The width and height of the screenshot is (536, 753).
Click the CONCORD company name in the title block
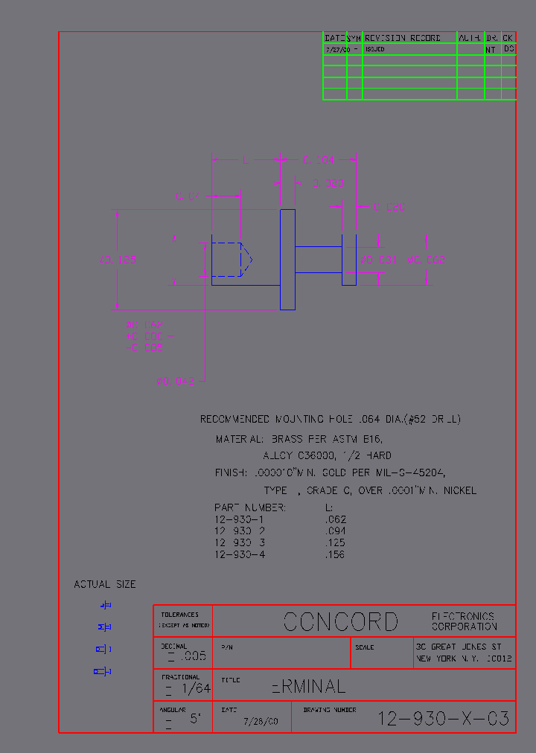[x=341, y=621]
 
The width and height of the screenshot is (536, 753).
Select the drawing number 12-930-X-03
[x=444, y=719]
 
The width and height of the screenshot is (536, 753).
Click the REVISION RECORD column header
[x=403, y=37]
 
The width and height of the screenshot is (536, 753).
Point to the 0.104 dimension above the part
[x=318, y=160]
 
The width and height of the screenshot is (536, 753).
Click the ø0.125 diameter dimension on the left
[x=118, y=260]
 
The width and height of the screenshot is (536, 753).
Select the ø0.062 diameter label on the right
[x=427, y=260]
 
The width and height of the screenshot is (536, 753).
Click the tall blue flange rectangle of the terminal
[x=287, y=259]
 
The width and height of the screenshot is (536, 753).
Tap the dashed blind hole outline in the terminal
[x=231, y=259]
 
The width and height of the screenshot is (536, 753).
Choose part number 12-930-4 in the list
[x=240, y=554]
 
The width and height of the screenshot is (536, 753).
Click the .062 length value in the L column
[x=336, y=519]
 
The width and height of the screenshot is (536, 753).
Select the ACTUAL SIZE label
[x=105, y=584]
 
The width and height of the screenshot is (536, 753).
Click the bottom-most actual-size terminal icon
[x=103, y=672]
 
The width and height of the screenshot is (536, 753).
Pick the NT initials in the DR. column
[x=491, y=49]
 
